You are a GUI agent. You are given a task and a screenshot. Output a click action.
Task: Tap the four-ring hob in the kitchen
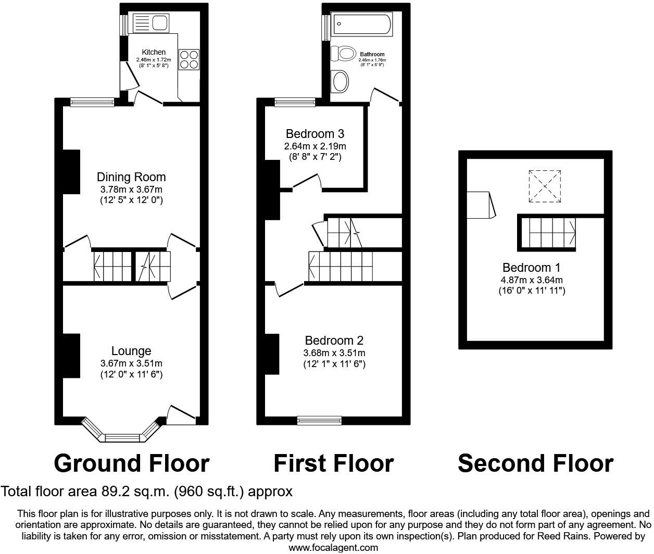[x=189, y=59]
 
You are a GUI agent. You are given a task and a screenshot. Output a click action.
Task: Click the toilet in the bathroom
[x=343, y=53]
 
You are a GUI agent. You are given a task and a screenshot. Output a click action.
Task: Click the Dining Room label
[x=131, y=177]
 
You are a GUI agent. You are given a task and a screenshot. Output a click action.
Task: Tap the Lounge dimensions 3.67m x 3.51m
[x=131, y=363]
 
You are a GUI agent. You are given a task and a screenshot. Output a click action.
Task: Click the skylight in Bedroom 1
[x=545, y=186]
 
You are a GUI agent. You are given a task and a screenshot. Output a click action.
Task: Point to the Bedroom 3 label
[x=315, y=134]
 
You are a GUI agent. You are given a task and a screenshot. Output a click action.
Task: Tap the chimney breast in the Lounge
[x=71, y=355]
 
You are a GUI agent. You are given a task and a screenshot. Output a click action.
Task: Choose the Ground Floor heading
[x=131, y=463]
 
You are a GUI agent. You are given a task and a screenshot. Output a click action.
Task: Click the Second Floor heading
[x=535, y=463]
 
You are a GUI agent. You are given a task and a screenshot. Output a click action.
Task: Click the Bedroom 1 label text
[x=531, y=268]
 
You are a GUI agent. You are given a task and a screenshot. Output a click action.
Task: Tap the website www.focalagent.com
[x=333, y=547]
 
